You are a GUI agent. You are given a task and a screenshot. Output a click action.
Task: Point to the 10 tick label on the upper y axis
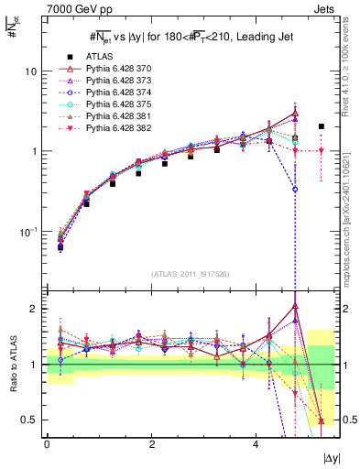click(x=30, y=71)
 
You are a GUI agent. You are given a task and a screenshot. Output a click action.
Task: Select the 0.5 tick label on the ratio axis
click(x=28, y=420)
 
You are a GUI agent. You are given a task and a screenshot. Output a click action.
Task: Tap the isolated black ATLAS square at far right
click(x=322, y=126)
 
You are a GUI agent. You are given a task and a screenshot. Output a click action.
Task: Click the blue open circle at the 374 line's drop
click(x=295, y=189)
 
